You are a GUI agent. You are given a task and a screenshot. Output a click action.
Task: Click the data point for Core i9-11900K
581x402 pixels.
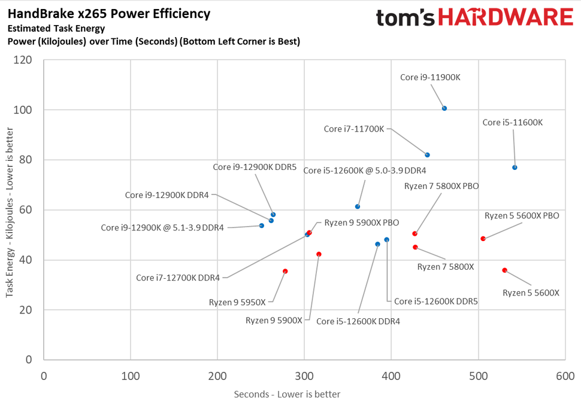click(444, 108)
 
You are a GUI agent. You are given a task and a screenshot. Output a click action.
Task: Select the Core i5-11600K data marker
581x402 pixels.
click(515, 167)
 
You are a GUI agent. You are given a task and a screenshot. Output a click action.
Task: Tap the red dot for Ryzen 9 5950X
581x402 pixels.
click(285, 271)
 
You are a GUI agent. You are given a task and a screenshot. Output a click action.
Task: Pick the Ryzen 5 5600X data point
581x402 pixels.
click(504, 270)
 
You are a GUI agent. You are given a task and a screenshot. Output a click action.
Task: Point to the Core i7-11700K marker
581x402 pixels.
click(427, 155)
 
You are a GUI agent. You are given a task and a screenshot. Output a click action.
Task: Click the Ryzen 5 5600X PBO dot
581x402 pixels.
click(483, 239)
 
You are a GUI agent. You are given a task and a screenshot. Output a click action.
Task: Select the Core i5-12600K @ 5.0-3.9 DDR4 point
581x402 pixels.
click(358, 206)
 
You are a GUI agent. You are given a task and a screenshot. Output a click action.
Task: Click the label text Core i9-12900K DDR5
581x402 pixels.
click(255, 167)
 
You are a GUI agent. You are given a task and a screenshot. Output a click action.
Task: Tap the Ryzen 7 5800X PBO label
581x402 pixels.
click(441, 186)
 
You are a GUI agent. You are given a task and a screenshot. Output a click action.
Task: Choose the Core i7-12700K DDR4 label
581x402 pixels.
click(178, 278)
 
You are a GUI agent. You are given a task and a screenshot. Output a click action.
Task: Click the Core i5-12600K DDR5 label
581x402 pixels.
click(435, 301)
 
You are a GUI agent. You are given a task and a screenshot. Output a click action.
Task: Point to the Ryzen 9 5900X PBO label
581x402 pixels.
click(362, 223)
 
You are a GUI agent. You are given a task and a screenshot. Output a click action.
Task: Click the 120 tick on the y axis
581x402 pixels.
click(25, 60)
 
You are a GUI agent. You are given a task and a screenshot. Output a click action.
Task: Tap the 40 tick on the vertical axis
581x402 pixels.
click(28, 260)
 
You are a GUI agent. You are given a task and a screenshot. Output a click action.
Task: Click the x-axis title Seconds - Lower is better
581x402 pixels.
click(287, 394)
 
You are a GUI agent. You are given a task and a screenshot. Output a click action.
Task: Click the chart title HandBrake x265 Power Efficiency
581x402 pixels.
click(109, 13)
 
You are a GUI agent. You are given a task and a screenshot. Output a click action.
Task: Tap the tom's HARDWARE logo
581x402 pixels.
click(474, 17)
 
